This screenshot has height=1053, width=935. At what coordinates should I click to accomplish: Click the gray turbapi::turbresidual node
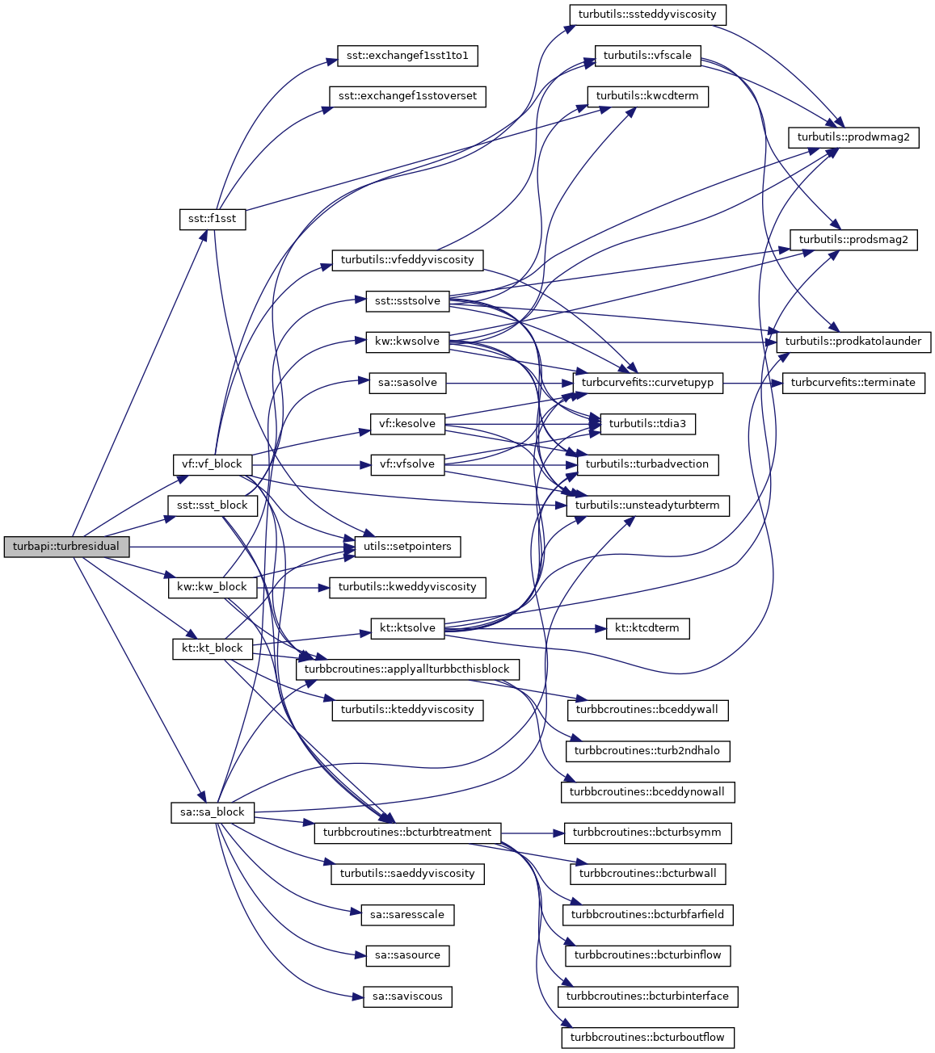65,547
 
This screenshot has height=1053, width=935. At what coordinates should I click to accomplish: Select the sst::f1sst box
212,219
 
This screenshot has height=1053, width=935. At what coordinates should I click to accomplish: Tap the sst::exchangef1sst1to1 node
407,56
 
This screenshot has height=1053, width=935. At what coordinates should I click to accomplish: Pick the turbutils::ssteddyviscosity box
648,15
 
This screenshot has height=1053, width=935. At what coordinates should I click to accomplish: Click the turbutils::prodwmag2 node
853,137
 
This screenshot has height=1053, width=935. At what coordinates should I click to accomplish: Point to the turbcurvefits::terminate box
853,383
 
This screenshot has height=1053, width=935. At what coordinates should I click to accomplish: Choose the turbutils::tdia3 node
647,424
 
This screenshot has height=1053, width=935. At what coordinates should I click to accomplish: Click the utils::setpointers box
407,547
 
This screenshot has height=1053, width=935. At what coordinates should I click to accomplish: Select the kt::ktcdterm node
647,628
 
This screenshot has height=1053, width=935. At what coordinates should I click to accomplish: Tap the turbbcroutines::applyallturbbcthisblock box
407,669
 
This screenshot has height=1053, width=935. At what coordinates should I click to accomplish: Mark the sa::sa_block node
212,812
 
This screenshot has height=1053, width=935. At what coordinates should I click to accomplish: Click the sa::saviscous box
407,996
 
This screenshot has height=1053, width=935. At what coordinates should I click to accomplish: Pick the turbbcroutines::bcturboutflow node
647,1038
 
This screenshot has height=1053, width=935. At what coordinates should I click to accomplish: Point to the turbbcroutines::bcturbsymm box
647,833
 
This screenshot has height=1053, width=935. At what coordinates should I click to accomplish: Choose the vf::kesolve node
407,424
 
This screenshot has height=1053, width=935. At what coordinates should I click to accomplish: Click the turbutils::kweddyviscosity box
407,587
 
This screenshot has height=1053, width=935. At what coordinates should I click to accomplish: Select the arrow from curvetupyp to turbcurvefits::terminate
752,383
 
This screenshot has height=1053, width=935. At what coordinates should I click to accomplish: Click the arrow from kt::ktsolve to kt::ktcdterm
525,628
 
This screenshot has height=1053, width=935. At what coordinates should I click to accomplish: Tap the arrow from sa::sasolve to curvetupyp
509,383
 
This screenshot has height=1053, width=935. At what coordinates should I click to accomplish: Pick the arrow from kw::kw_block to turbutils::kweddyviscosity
292,587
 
